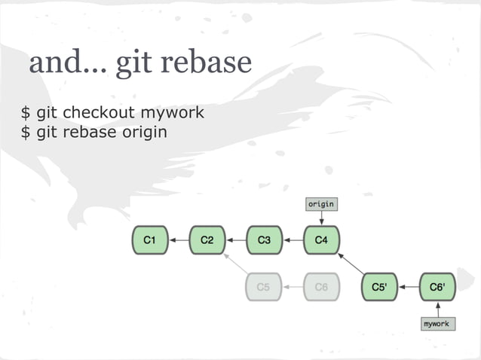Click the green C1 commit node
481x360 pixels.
(x=150, y=240)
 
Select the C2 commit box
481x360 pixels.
(x=207, y=240)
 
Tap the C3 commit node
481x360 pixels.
(x=265, y=240)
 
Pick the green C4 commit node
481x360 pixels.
(x=322, y=240)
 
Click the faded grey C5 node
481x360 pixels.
(x=264, y=287)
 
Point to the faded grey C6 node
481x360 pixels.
(x=321, y=287)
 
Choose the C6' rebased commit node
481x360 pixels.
(x=437, y=287)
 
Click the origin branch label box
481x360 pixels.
(x=321, y=203)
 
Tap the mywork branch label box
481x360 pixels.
(x=437, y=324)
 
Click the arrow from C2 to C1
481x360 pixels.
(x=179, y=240)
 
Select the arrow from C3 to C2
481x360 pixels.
(x=236, y=240)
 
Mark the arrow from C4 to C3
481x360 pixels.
(x=293, y=240)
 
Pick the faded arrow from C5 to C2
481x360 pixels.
(x=236, y=264)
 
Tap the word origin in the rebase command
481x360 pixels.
(x=142, y=133)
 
